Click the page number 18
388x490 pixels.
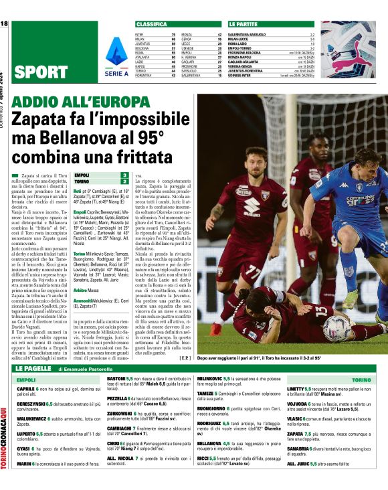(x=5, y=23)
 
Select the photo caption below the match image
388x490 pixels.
(x=259, y=359)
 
